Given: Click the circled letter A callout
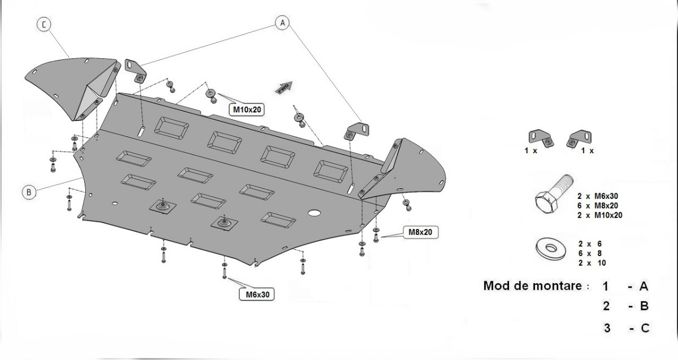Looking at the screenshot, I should click(x=282, y=22).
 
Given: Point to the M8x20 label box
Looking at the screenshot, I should click(x=420, y=232).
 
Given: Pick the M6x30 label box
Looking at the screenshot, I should click(x=257, y=294).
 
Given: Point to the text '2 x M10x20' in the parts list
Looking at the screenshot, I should click(x=600, y=215).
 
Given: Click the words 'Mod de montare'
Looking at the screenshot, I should click(x=532, y=286).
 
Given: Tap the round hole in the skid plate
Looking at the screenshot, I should click(x=314, y=213).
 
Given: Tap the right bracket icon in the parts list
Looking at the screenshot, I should click(x=581, y=137).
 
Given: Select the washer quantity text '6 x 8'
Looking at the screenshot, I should click(x=591, y=254).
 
